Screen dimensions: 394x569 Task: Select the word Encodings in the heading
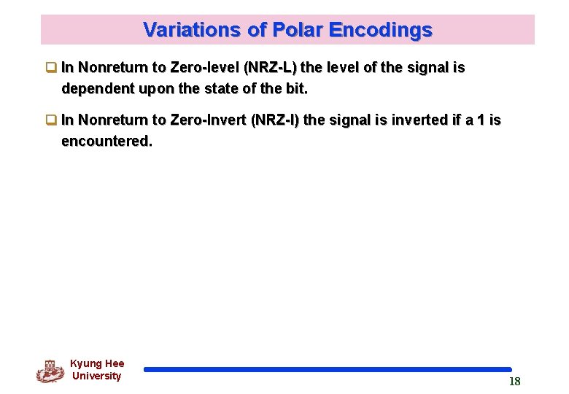(x=380, y=30)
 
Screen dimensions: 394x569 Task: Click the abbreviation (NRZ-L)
(x=270, y=68)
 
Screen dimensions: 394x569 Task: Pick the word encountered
(x=107, y=141)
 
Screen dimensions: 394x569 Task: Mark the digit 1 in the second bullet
(x=480, y=120)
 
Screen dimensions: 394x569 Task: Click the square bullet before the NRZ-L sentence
(x=51, y=69)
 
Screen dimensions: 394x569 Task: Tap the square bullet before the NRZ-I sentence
(x=51, y=120)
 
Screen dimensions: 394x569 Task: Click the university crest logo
(x=50, y=371)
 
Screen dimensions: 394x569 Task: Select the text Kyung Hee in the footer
(x=97, y=363)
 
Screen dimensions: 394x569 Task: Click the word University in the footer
(x=96, y=376)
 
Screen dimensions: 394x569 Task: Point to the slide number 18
(x=514, y=382)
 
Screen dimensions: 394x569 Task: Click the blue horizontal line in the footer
(x=328, y=370)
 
